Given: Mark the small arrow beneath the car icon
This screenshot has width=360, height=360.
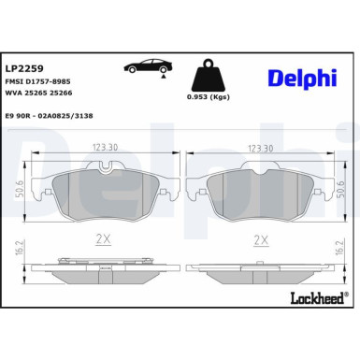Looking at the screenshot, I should coord(164,82).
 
